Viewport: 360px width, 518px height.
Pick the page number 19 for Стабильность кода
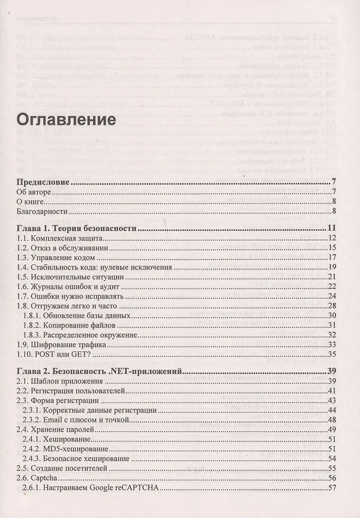click(332, 268)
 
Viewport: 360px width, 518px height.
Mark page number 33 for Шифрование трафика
click(332, 345)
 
